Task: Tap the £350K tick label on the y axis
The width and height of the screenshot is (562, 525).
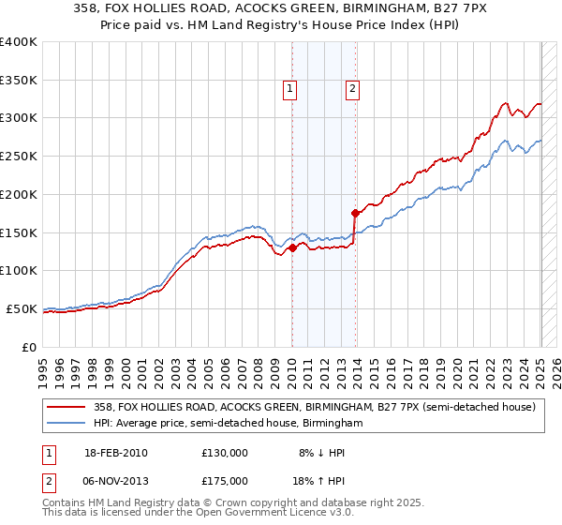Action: [19, 81]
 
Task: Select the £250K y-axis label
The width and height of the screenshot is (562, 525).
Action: [19, 157]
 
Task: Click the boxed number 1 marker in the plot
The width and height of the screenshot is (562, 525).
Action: [289, 89]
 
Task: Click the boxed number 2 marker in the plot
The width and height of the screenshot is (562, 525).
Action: [352, 89]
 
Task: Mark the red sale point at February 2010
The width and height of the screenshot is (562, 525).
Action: [291, 248]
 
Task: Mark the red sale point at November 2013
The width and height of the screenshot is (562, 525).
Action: [355, 214]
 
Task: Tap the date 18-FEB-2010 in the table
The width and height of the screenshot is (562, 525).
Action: [116, 454]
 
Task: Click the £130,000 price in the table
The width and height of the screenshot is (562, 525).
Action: [225, 454]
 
